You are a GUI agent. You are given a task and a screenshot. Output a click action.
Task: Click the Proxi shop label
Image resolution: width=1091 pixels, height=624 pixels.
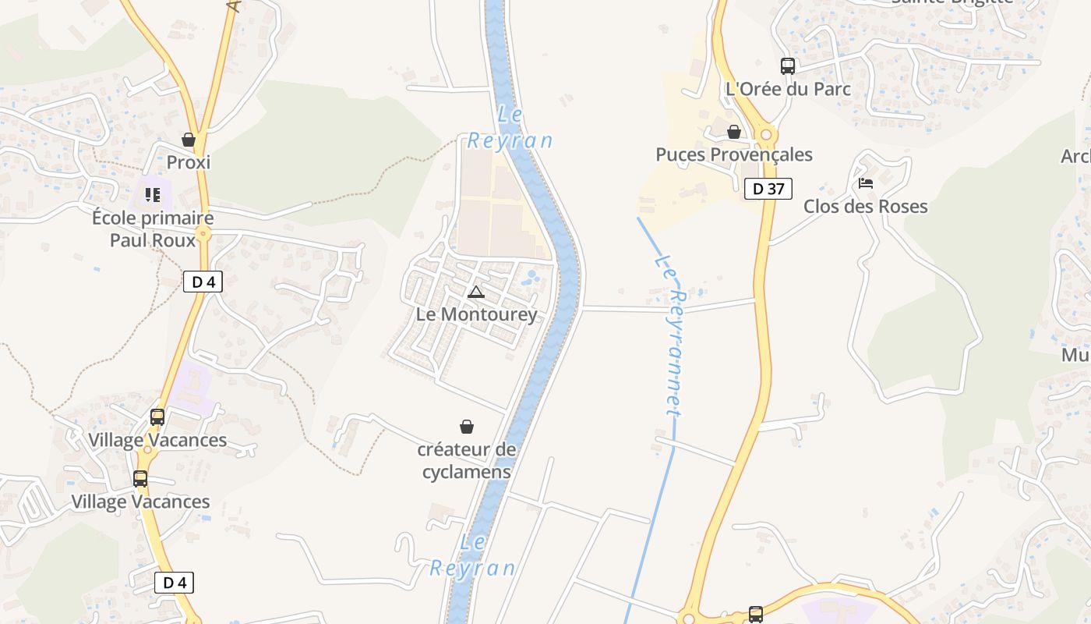click(x=189, y=162)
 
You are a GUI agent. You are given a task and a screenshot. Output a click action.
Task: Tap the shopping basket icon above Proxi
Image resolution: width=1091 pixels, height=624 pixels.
click(x=189, y=140)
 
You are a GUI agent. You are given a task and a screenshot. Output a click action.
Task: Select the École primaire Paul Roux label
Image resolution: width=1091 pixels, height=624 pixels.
click(x=153, y=229)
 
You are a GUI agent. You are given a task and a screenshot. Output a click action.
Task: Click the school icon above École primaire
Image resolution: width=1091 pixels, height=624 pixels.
click(x=153, y=194)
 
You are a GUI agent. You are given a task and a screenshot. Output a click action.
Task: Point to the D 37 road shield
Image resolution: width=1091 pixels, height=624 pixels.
click(x=768, y=188)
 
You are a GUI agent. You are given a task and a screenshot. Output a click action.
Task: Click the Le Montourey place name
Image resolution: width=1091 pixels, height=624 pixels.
click(x=477, y=314)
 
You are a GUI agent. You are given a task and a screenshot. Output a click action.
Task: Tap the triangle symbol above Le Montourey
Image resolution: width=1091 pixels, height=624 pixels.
click(x=476, y=292)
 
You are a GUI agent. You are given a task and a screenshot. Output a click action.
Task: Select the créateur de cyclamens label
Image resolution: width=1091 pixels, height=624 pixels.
click(x=467, y=460)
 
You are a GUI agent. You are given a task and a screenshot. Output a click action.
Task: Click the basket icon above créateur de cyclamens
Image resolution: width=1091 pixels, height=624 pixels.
click(x=467, y=427)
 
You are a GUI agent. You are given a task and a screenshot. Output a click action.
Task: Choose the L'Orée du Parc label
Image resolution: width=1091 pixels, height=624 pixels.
click(x=788, y=89)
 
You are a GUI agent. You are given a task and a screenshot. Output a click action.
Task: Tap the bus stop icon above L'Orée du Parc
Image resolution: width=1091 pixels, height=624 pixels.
click(x=788, y=66)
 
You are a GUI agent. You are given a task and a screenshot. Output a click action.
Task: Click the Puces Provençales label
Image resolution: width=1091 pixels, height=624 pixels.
click(x=734, y=154)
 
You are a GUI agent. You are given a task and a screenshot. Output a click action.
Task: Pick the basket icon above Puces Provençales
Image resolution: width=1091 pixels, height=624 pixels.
click(x=734, y=132)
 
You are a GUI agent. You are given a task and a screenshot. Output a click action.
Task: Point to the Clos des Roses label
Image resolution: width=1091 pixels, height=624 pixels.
click(x=866, y=207)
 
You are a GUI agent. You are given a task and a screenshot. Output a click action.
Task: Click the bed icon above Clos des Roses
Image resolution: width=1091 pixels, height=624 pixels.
click(x=866, y=184)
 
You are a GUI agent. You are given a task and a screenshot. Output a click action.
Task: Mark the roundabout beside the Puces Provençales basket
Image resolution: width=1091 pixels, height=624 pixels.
click(x=766, y=135)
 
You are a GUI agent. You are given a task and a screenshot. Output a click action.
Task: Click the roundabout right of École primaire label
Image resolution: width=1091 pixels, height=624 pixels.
click(x=204, y=233)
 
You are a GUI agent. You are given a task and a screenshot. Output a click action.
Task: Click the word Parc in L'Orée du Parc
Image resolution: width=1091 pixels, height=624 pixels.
click(x=830, y=89)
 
